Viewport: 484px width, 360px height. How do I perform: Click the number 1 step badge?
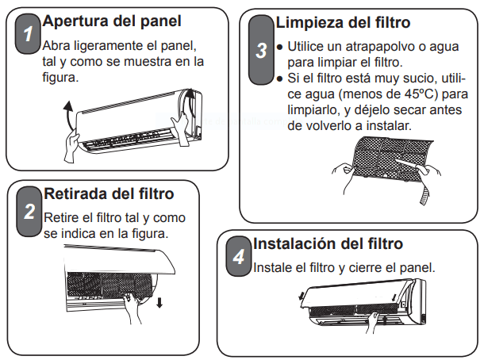pyautogui.click(x=28, y=33)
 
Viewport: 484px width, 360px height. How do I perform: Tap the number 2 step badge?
pyautogui.click(x=29, y=212)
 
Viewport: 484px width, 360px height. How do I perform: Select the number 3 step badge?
pyautogui.click(x=261, y=50)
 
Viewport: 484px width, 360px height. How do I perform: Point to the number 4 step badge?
pyautogui.click(x=239, y=256)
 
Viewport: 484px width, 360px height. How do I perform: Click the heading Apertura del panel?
pyautogui.click(x=112, y=21)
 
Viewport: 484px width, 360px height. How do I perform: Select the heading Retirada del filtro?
pyautogui.click(x=109, y=193)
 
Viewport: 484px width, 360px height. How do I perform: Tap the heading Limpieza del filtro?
pyautogui.click(x=343, y=22)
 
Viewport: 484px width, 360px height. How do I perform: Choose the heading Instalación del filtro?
pyautogui.click(x=328, y=243)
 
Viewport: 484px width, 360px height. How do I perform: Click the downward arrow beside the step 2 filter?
pyautogui.click(x=159, y=303)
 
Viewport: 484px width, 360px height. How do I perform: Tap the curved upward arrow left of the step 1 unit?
pyautogui.click(x=68, y=115)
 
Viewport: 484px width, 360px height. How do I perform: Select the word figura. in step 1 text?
pyautogui.click(x=60, y=78)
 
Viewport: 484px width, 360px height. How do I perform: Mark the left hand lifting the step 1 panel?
pyautogui.click(x=72, y=146)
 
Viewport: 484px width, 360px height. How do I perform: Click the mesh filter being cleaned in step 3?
pyautogui.click(x=391, y=159)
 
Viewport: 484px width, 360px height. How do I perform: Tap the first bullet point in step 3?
pyautogui.click(x=280, y=48)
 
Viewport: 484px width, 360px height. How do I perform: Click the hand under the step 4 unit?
pyautogui.click(x=374, y=323)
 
